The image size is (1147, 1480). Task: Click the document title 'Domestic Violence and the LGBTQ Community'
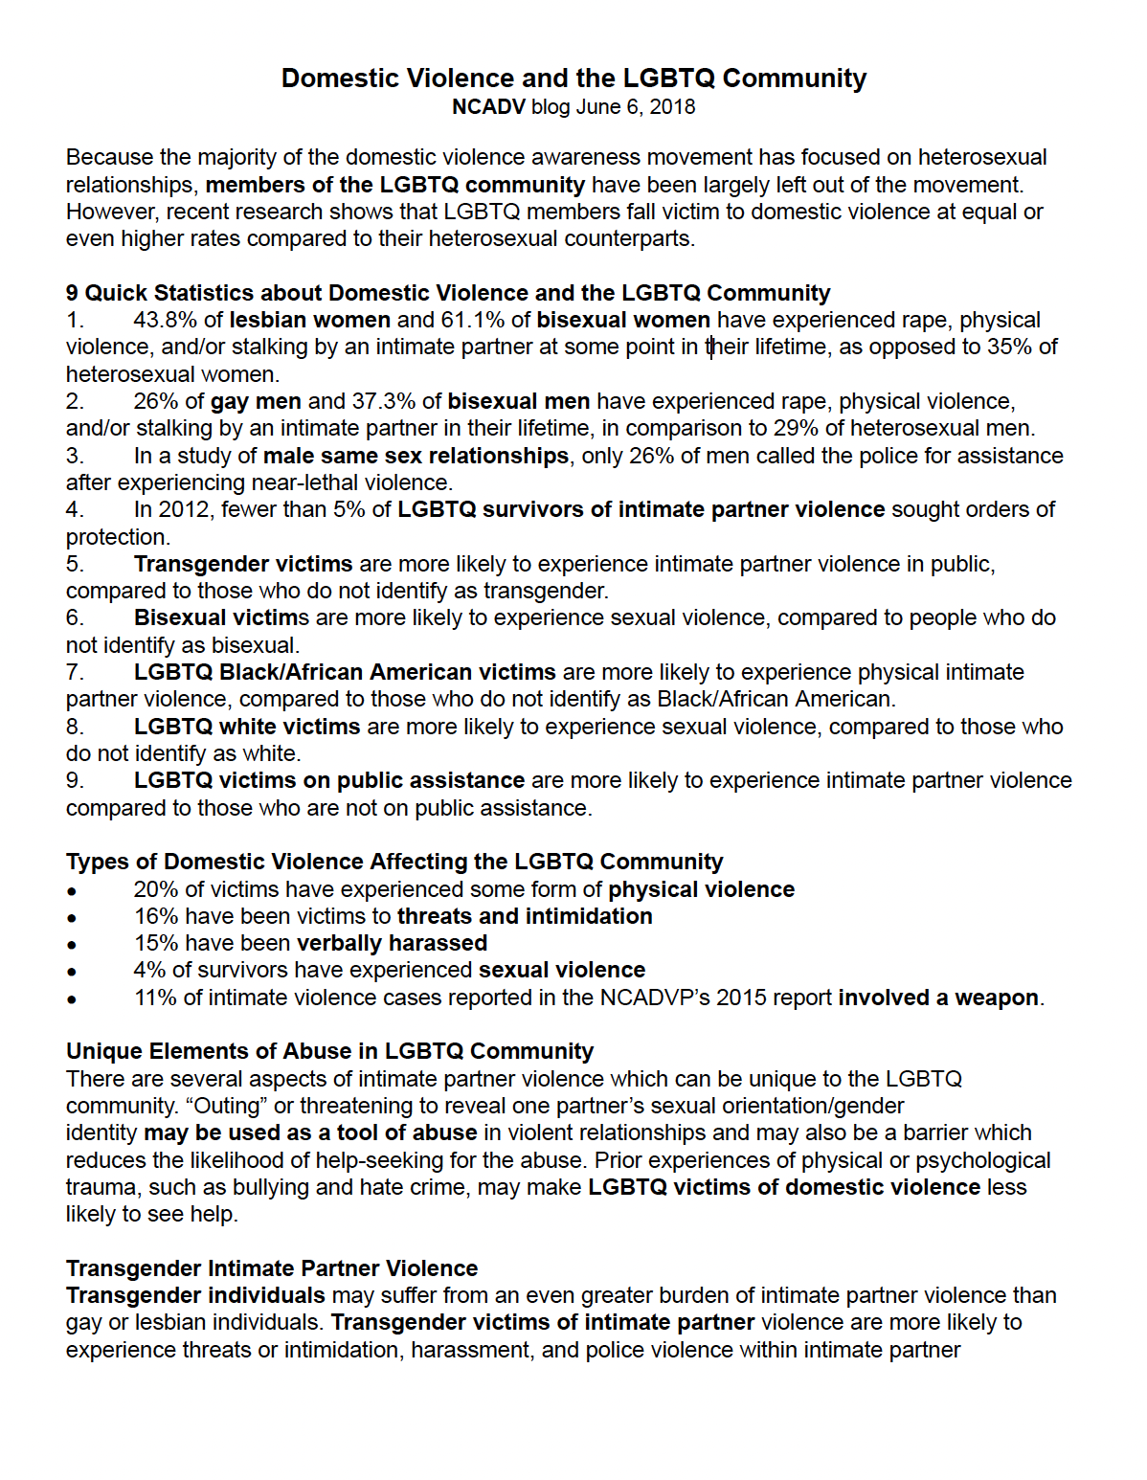pos(573,78)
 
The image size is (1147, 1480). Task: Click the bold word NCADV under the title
pos(488,107)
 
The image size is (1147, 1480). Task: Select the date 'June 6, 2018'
pos(635,107)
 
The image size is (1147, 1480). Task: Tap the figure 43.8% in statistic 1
pos(164,320)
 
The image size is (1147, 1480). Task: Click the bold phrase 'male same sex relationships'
pos(416,456)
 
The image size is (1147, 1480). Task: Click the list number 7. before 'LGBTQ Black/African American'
pos(75,672)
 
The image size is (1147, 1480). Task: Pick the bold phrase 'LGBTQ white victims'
pos(247,727)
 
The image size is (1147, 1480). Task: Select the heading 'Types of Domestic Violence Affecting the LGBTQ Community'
pos(394,862)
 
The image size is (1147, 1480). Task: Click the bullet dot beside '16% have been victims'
pos(72,917)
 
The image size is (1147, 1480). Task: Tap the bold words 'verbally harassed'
pos(392,943)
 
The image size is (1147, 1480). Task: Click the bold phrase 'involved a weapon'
pos(938,998)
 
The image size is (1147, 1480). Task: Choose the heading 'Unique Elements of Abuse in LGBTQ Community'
pos(329,1051)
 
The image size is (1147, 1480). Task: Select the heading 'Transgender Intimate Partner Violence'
pos(272,1268)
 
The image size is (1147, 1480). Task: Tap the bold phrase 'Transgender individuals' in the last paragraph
pos(195,1295)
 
